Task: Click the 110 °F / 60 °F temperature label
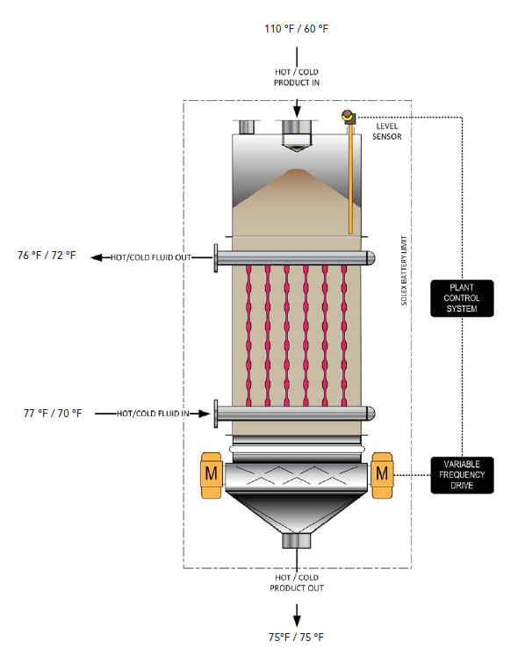click(x=296, y=29)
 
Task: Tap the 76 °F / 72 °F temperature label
click(x=47, y=256)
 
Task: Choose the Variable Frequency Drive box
click(x=462, y=474)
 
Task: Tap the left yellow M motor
click(x=211, y=474)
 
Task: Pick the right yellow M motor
click(x=382, y=474)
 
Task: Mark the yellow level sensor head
click(x=349, y=115)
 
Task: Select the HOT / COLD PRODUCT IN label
click(x=297, y=76)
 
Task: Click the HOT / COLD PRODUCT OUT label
click(x=297, y=582)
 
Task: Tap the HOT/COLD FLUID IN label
click(x=154, y=412)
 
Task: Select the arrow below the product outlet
click(x=297, y=611)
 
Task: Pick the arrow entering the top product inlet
click(x=297, y=106)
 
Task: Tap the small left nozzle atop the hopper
click(x=246, y=127)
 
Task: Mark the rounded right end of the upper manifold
click(x=370, y=257)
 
